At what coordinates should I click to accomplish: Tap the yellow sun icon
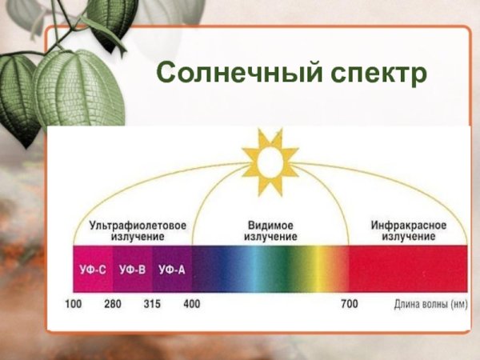[x=270, y=160]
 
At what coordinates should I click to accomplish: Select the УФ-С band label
[x=93, y=270]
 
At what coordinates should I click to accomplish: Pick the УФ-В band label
[x=132, y=270]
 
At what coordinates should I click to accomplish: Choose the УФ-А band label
[x=171, y=270]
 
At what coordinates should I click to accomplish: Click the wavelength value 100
[x=74, y=305]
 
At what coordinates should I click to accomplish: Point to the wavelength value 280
[x=113, y=305]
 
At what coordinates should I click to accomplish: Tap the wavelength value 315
[x=152, y=305]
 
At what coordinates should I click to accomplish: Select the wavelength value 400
[x=192, y=305]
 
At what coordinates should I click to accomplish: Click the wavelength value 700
[x=350, y=305]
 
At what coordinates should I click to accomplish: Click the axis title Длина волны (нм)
[x=430, y=305]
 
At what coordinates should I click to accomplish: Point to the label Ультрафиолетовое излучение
[x=138, y=231]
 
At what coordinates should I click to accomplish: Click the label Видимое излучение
[x=271, y=231]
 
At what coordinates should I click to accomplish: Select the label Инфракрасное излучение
[x=408, y=231]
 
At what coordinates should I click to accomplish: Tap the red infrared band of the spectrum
[x=408, y=270]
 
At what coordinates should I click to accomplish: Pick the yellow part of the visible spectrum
[x=320, y=270]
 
